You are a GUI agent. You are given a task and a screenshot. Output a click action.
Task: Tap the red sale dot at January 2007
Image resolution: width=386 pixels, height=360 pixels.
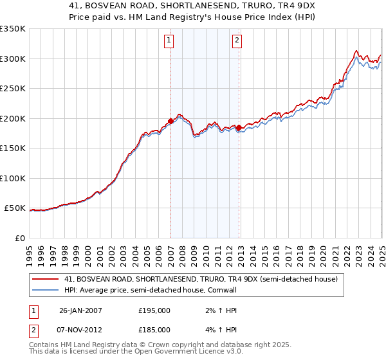click(x=170, y=121)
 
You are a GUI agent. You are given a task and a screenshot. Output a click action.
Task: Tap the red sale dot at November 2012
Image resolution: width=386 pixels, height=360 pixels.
click(x=239, y=127)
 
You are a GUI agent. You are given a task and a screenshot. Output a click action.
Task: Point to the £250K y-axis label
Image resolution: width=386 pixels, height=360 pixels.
click(x=14, y=88)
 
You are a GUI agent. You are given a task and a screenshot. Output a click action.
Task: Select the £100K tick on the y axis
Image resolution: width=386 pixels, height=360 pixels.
click(x=14, y=178)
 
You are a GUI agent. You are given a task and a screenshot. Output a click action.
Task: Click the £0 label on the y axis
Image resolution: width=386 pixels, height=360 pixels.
click(x=19, y=238)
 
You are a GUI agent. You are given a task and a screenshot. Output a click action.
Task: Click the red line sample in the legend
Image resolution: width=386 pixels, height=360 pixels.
click(x=46, y=279)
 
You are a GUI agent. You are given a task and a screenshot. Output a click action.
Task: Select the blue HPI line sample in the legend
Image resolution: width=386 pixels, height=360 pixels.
click(x=46, y=291)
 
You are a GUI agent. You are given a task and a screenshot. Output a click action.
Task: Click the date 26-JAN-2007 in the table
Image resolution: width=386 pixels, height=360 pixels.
click(x=80, y=310)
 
